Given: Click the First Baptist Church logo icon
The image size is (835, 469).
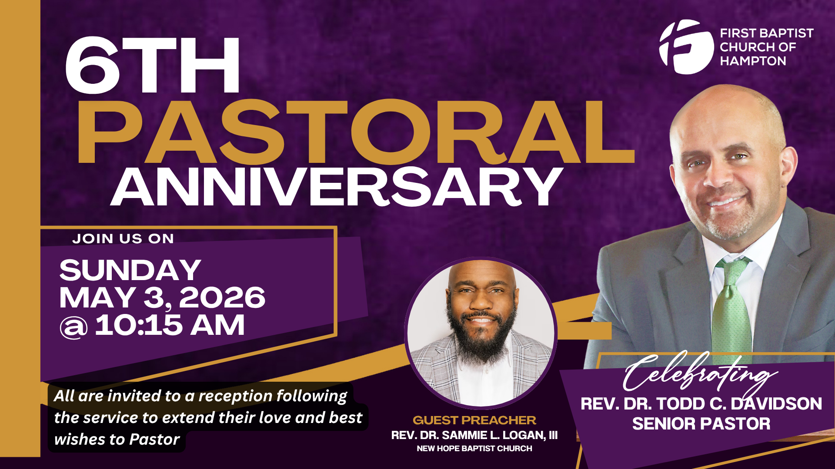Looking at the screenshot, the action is (686, 47).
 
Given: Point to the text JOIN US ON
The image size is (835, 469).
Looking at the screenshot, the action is (123, 238).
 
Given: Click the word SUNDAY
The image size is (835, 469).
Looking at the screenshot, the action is (130, 270).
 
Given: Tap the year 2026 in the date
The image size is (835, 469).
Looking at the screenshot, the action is (222, 297).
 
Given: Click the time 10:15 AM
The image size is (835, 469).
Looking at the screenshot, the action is (170, 325).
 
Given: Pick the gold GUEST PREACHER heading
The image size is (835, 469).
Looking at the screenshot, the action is (474, 420).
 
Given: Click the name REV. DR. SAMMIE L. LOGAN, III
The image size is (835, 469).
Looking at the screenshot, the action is (474, 435).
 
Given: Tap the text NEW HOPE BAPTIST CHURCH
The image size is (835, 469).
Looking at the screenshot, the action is (474, 449).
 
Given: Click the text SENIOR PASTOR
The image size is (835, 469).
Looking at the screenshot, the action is (701, 424).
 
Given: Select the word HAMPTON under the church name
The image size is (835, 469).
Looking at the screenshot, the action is (753, 61).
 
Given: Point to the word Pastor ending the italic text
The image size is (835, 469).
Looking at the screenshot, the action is (154, 439).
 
